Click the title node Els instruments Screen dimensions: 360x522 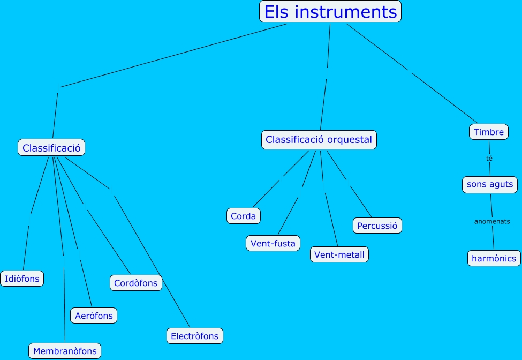[330, 12]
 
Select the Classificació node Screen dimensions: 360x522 [51, 148]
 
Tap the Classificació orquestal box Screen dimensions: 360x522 [319, 140]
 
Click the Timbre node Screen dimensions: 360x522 [488, 132]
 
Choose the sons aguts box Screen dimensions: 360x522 [489, 184]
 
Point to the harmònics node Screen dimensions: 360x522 [494, 258]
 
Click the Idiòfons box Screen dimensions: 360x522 [22, 279]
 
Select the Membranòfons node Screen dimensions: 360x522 [65, 351]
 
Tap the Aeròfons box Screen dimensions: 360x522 [94, 316]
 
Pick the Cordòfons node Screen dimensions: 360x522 [136, 283]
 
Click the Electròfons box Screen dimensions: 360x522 [194, 336]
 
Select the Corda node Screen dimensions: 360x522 [244, 216]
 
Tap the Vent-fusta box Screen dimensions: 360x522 [273, 243]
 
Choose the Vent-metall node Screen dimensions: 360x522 [339, 254]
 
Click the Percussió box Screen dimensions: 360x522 [377, 226]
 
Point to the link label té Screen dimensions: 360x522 [489, 159]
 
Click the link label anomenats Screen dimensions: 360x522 [492, 221]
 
